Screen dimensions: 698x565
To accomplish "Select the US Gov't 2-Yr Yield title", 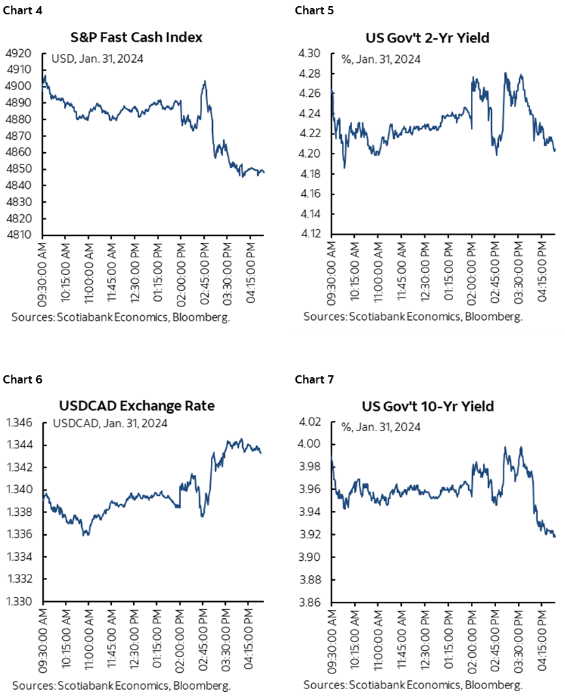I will click(x=426, y=38).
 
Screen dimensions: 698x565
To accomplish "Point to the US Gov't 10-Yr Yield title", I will click(x=426, y=406).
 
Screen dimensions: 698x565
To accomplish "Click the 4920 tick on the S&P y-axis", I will click(x=27, y=53).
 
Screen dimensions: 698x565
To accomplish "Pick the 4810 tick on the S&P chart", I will click(x=27, y=235).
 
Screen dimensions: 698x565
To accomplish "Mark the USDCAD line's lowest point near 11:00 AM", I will click(x=85, y=534).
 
